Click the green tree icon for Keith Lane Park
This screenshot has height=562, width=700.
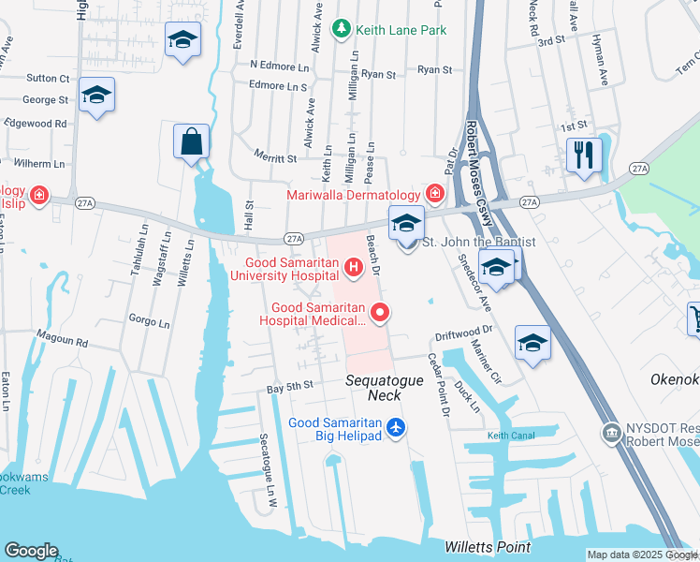coord(343,30)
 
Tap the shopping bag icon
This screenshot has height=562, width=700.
coord(191,142)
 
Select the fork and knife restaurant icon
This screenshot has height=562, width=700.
coord(584,155)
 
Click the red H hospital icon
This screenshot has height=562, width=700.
coord(354,270)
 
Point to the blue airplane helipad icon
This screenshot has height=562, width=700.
coord(396,427)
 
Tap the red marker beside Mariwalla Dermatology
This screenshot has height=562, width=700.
coord(434,195)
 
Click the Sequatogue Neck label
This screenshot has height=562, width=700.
coord(386,389)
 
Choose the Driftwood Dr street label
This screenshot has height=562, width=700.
coord(463,333)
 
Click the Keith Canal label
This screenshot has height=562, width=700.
coord(506,436)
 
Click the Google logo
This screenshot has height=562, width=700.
coord(30,551)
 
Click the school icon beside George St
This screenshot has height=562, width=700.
coord(96,96)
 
